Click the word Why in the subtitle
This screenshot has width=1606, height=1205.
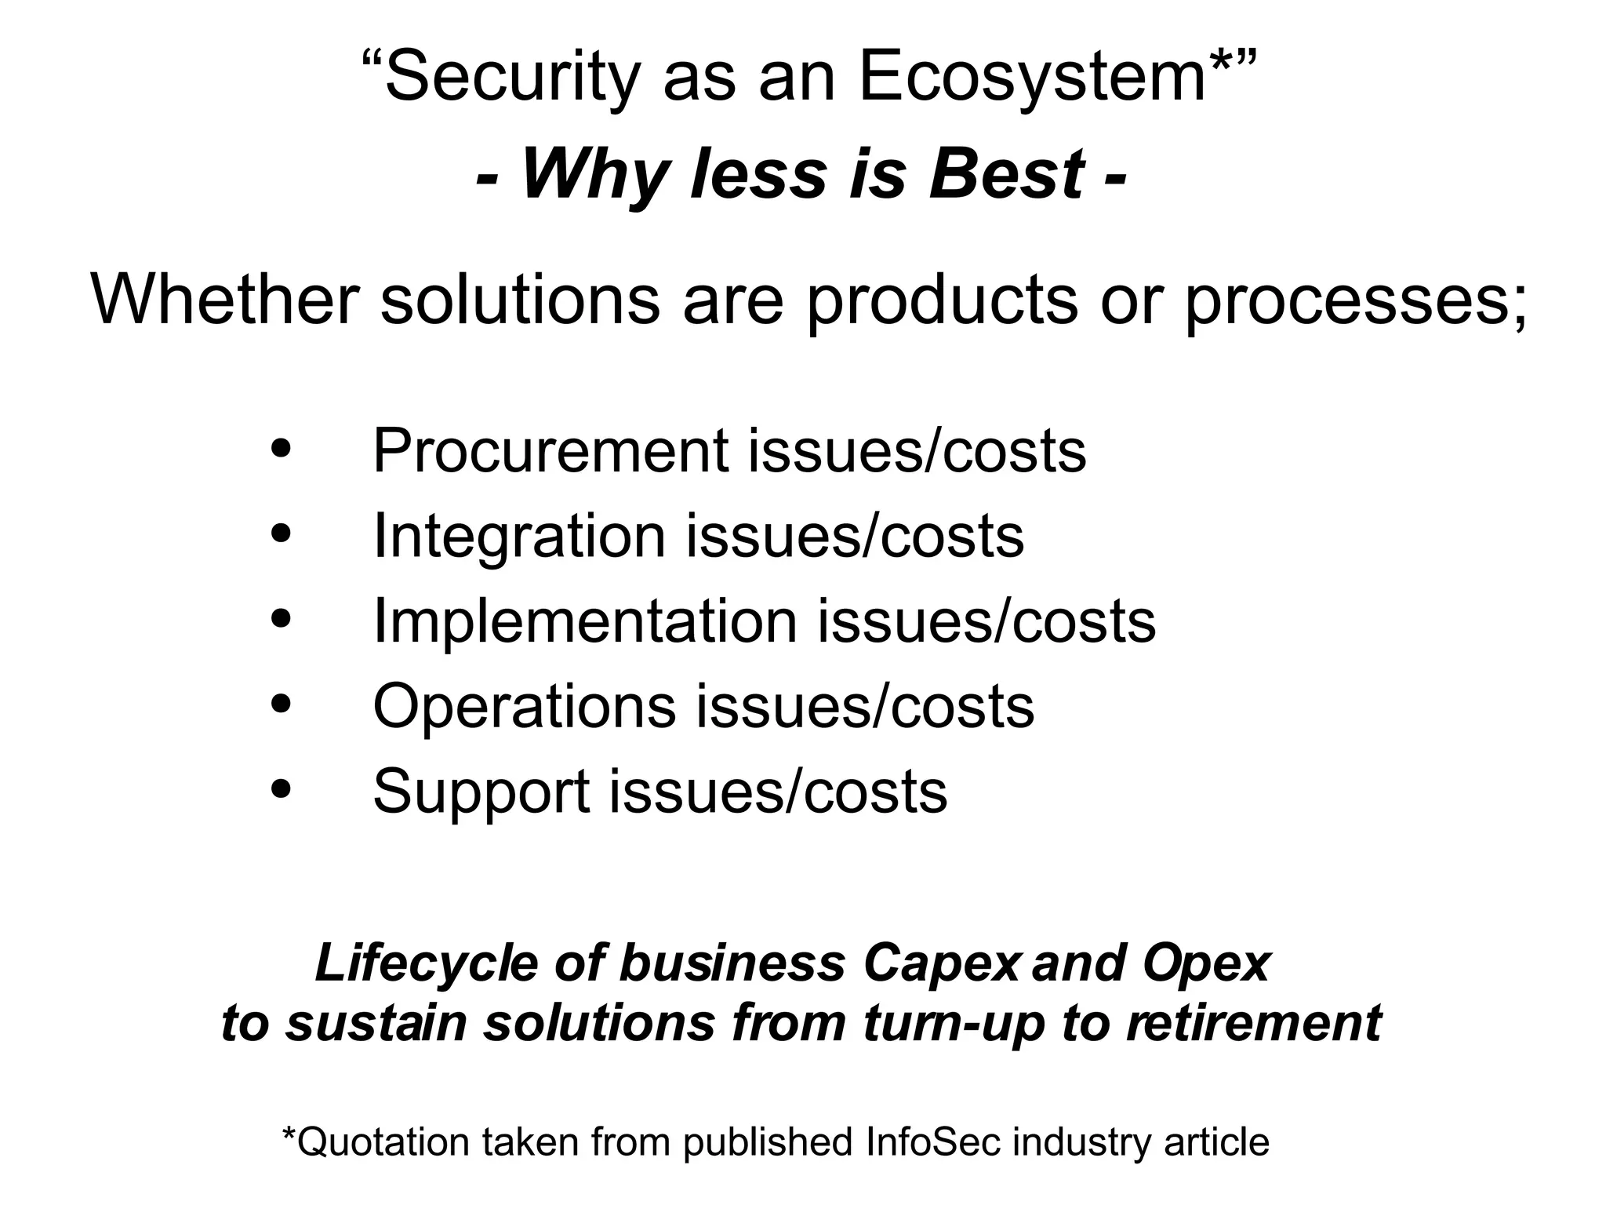click(x=597, y=176)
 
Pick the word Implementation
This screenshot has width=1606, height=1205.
click(x=585, y=622)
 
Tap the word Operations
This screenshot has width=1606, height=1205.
click(x=524, y=707)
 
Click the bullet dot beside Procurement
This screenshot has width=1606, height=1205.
click(x=280, y=450)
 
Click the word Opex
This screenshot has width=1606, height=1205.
click(x=1206, y=963)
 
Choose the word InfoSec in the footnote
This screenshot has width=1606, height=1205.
click(x=933, y=1142)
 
